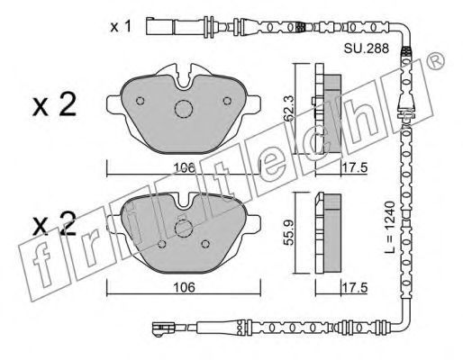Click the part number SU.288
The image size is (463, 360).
(x=367, y=49)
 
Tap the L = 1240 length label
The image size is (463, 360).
(x=390, y=227)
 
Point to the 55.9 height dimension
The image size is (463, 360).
(x=289, y=232)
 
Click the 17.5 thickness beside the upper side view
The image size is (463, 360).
(x=355, y=167)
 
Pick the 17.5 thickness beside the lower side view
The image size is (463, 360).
(x=355, y=288)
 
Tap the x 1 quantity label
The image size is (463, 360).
(x=121, y=27)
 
